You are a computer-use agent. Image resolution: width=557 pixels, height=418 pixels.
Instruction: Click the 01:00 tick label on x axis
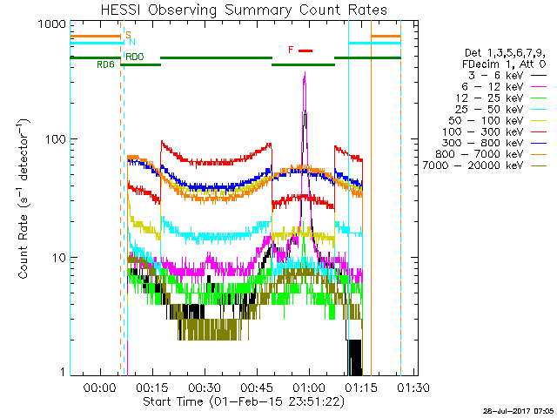[x=309, y=388]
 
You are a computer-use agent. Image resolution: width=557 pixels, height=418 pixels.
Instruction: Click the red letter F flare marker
[x=291, y=51]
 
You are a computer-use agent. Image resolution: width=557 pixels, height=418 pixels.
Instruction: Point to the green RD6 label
[x=105, y=64]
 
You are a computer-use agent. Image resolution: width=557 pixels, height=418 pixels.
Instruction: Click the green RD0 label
[x=134, y=57]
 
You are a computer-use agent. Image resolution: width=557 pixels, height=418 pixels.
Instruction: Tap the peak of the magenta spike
[x=305, y=73]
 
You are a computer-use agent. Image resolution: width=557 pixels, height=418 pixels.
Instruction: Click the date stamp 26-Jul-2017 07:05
[x=519, y=409]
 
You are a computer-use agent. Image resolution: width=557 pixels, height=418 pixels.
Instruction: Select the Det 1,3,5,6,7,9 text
[x=510, y=53]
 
